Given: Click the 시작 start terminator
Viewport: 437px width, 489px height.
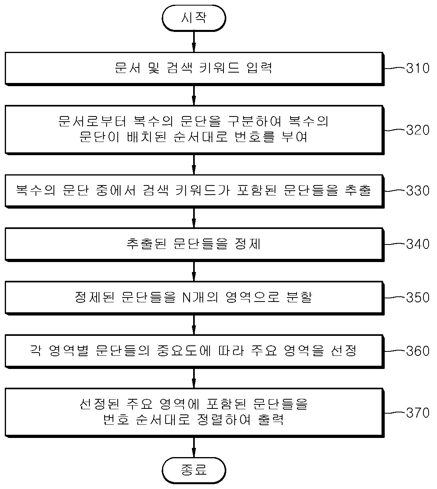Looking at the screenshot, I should [194, 18].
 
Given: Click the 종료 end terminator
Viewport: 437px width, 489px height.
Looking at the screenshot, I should [194, 470].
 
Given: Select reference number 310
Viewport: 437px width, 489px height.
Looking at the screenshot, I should [417, 68].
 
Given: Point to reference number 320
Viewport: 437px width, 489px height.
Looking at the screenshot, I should [417, 130].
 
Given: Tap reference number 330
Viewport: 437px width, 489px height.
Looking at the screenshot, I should [417, 190].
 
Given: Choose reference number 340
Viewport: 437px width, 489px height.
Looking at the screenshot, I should [417, 244].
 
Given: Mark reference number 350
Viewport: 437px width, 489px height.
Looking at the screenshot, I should [417, 298].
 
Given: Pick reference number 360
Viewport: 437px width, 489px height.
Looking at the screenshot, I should [417, 351].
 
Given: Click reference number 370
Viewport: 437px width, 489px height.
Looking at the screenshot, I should [417, 412].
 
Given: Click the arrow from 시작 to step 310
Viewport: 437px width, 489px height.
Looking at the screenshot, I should [194, 41].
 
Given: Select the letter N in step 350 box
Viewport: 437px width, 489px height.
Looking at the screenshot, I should [186, 298].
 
